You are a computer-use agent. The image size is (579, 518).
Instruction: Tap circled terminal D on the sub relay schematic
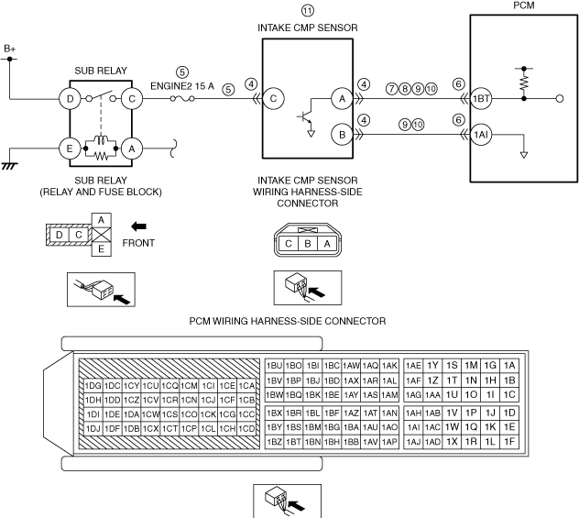click(x=70, y=97)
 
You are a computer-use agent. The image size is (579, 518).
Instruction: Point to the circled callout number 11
click(x=307, y=10)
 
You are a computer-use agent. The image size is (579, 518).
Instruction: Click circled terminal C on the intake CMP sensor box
click(x=272, y=98)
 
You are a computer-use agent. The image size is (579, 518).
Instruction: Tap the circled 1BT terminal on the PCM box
click(x=482, y=98)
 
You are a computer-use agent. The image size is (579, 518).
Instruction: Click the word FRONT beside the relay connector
click(x=138, y=244)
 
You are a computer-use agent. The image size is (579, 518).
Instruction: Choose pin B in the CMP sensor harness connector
click(x=307, y=245)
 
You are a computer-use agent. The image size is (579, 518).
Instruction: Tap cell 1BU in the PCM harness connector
click(x=273, y=365)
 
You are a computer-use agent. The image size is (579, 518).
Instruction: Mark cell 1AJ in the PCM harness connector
click(x=413, y=441)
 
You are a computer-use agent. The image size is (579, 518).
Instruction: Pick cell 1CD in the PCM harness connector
click(x=246, y=427)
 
